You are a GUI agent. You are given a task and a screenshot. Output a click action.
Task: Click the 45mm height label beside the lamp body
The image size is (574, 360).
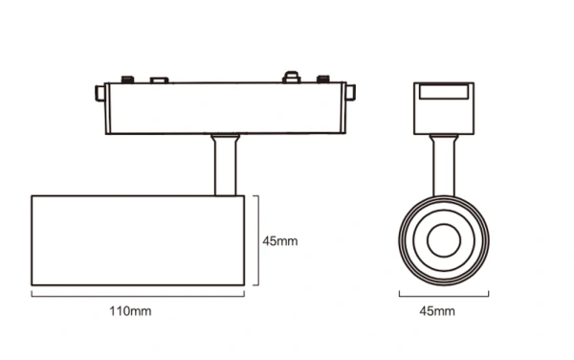[280, 241]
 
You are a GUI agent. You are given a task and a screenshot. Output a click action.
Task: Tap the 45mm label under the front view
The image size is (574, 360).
[439, 311]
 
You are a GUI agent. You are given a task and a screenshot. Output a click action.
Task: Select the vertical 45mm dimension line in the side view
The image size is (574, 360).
[255, 240]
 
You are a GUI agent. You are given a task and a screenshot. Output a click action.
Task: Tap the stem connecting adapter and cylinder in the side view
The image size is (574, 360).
[224, 167]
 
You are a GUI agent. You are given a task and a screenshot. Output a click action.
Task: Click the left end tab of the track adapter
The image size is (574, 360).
[99, 93]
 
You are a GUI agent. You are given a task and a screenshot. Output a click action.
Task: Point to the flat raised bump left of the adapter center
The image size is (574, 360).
[160, 79]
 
